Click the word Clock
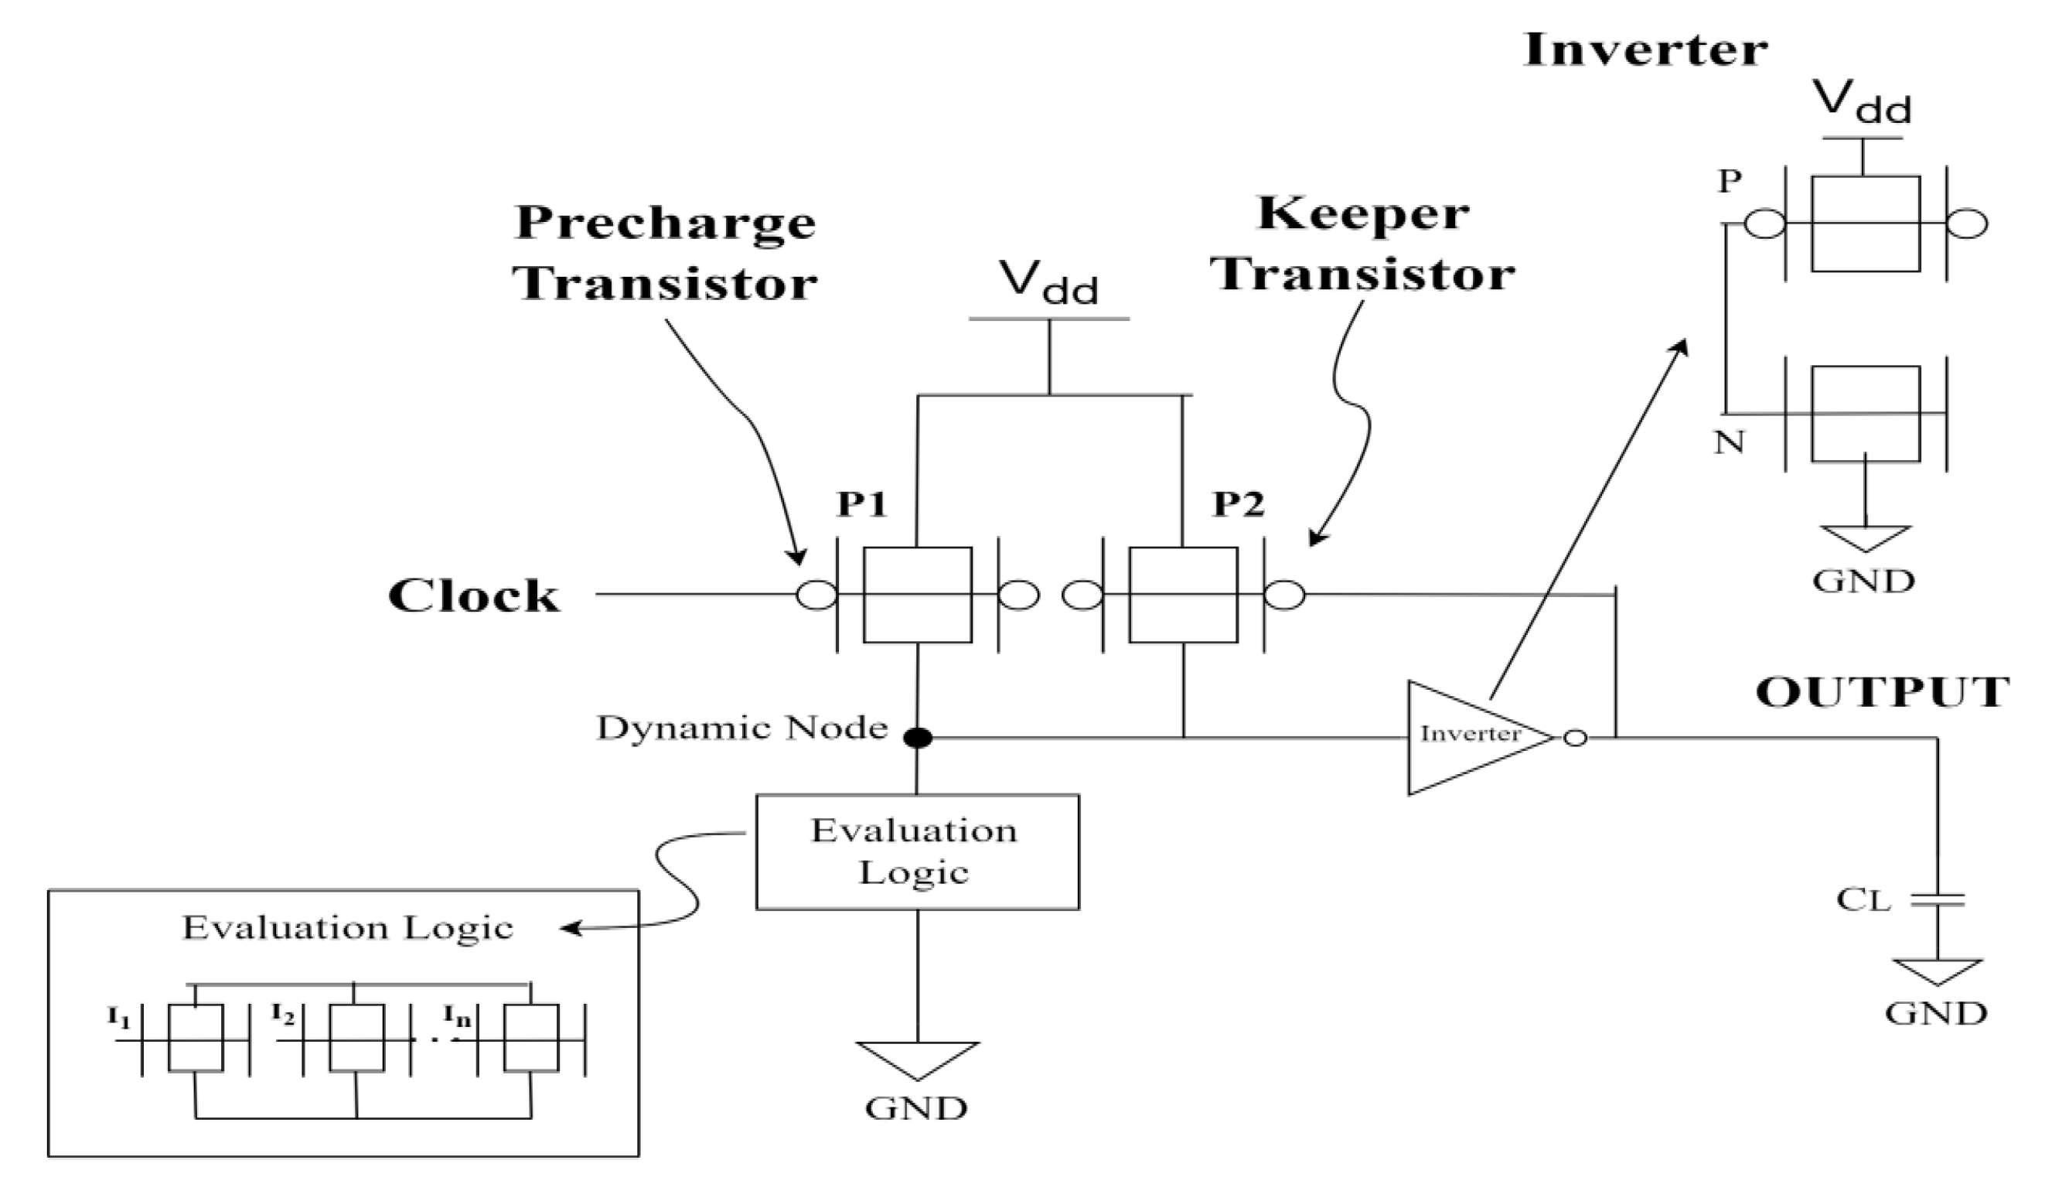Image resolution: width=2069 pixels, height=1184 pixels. [x=474, y=596]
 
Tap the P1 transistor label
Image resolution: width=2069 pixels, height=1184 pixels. [x=862, y=504]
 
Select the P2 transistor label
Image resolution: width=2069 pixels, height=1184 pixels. [x=1238, y=504]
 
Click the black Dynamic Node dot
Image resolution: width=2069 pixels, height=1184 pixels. [x=918, y=738]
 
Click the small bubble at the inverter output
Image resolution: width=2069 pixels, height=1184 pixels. [x=1576, y=738]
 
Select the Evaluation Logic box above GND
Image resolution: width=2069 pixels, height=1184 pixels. [x=917, y=851]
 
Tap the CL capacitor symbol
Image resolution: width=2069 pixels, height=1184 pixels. [x=1938, y=900]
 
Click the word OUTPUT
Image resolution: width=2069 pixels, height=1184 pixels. [x=1883, y=693]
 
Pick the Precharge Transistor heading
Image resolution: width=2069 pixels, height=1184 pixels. [x=665, y=252]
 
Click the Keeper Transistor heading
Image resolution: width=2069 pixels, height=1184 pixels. [x=1362, y=243]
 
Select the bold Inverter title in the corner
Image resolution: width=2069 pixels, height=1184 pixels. [x=1645, y=50]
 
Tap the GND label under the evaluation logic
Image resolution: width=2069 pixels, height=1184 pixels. [x=916, y=1108]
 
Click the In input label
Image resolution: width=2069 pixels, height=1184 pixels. [x=457, y=1016]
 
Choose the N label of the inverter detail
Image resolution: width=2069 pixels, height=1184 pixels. [x=1729, y=442]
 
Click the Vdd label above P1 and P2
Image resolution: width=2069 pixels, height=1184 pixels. [x=1048, y=281]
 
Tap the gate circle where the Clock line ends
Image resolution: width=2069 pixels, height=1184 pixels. [x=816, y=595]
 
